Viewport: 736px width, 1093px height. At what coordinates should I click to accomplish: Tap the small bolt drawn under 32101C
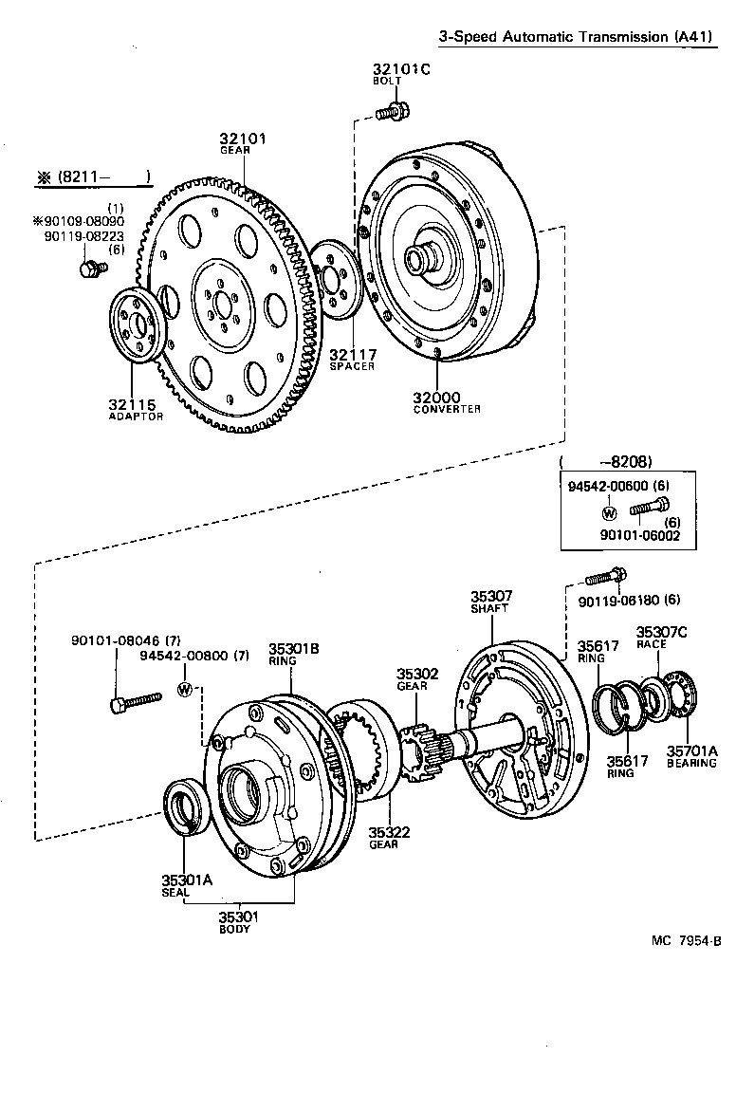(x=390, y=113)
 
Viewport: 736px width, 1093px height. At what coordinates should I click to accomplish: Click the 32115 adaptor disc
(x=138, y=327)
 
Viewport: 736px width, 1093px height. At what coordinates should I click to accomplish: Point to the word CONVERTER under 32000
(x=447, y=409)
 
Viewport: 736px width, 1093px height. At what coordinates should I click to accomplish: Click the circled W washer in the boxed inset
(x=609, y=513)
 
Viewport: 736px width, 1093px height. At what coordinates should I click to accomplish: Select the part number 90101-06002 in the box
(x=646, y=535)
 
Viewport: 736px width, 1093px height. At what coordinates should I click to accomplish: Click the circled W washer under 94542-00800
(x=186, y=689)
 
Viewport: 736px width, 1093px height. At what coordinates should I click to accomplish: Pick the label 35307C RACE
(x=660, y=637)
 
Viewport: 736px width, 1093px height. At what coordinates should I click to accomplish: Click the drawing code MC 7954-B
(x=686, y=940)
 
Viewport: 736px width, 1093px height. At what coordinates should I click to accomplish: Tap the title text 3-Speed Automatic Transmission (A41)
(x=580, y=36)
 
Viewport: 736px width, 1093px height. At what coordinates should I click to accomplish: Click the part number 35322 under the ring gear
(x=389, y=832)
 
